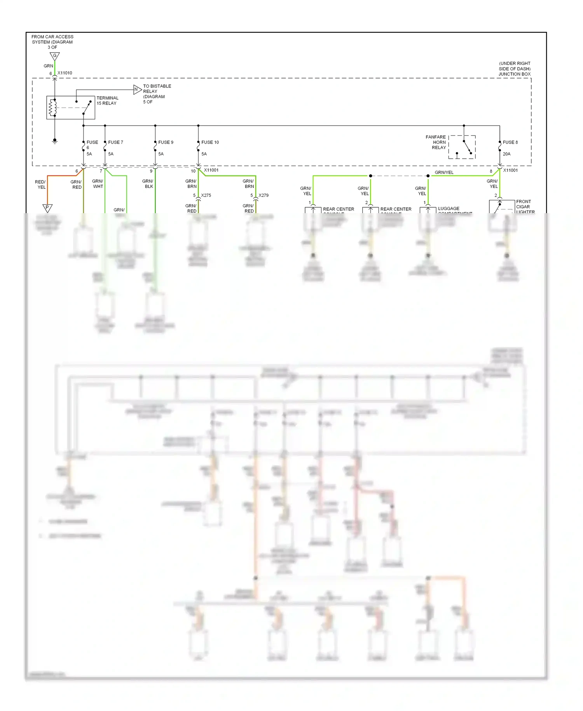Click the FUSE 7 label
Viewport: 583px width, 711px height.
coord(115,142)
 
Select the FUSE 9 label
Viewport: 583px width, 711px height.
coord(166,142)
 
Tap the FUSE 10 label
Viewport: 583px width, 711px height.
coord(210,142)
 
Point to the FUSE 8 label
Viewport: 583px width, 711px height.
coord(510,142)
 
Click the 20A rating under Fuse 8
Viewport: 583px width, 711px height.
coord(506,154)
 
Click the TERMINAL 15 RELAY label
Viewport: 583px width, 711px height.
coord(107,101)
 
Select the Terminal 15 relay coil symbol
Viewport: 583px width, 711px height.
coord(52,108)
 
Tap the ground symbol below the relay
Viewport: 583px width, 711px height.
coord(55,141)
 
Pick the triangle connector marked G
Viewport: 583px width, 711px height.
coord(55,56)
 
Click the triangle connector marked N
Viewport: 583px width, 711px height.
coord(137,89)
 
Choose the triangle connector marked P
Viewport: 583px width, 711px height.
coord(47,208)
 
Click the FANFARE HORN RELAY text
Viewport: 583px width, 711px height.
coord(436,142)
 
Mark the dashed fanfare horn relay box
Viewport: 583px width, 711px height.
coord(462,147)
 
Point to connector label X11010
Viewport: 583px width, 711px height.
coord(65,73)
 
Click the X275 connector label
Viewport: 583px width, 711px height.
coord(206,195)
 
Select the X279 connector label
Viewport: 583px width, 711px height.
coord(264,195)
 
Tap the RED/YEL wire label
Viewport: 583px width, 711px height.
coord(40,184)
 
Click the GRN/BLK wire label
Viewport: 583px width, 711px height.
coord(148,184)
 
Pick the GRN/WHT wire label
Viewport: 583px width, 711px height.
coord(98,184)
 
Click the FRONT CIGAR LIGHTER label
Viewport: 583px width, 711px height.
coord(525,207)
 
